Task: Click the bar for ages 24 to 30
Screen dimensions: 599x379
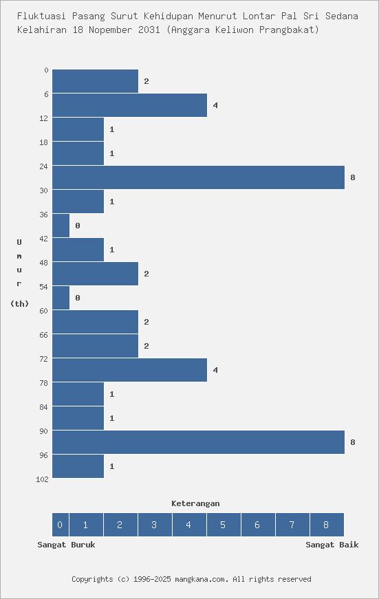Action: (198, 177)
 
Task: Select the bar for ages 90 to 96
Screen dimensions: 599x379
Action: (198, 442)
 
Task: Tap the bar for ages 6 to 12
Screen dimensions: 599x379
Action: (129, 105)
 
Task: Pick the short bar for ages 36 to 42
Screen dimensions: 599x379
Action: (61, 226)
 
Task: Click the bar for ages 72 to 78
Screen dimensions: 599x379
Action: (129, 370)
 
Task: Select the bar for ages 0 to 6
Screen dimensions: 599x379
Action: (95, 81)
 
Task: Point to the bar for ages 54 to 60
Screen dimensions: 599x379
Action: (61, 298)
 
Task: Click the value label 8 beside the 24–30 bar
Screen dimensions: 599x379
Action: (353, 177)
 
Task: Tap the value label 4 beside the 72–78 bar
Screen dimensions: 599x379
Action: (215, 370)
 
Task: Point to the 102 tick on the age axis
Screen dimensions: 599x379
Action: (42, 479)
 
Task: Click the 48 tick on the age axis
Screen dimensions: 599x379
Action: (44, 263)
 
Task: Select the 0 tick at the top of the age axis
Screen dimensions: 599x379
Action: (46, 70)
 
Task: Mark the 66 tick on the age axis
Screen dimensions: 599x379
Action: (44, 335)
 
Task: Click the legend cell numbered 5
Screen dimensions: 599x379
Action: (224, 525)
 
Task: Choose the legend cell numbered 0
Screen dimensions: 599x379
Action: (60, 525)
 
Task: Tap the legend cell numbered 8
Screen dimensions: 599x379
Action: (327, 525)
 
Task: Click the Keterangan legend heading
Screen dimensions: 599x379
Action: (195, 503)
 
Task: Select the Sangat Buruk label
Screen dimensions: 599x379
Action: (66, 545)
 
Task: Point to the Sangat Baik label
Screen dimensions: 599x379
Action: (332, 545)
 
